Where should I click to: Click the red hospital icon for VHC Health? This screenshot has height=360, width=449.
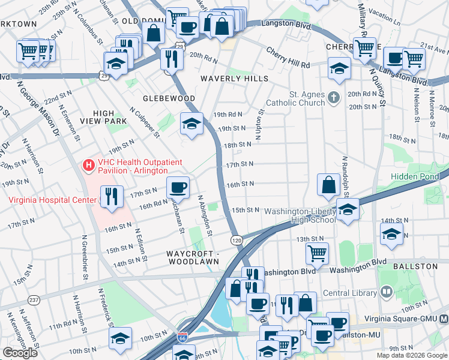click(x=89, y=164)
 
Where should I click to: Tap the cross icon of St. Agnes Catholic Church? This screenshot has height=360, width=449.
click(x=335, y=96)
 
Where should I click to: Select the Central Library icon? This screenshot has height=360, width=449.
click(x=387, y=293)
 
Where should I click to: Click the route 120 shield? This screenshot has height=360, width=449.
click(x=237, y=239)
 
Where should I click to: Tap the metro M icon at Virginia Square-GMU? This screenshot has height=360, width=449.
click(x=444, y=319)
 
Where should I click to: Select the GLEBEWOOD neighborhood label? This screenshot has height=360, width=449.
click(x=169, y=98)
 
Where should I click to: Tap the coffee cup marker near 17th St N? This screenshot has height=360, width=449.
click(x=178, y=188)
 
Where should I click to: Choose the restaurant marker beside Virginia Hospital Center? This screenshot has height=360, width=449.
click(x=112, y=197)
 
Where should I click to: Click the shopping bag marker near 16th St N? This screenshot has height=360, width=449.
click(x=329, y=185)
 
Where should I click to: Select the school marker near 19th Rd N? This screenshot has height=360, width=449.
click(x=191, y=124)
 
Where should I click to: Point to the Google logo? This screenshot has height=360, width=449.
click(x=20, y=353)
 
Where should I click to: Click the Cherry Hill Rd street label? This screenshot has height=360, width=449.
click(x=288, y=59)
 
